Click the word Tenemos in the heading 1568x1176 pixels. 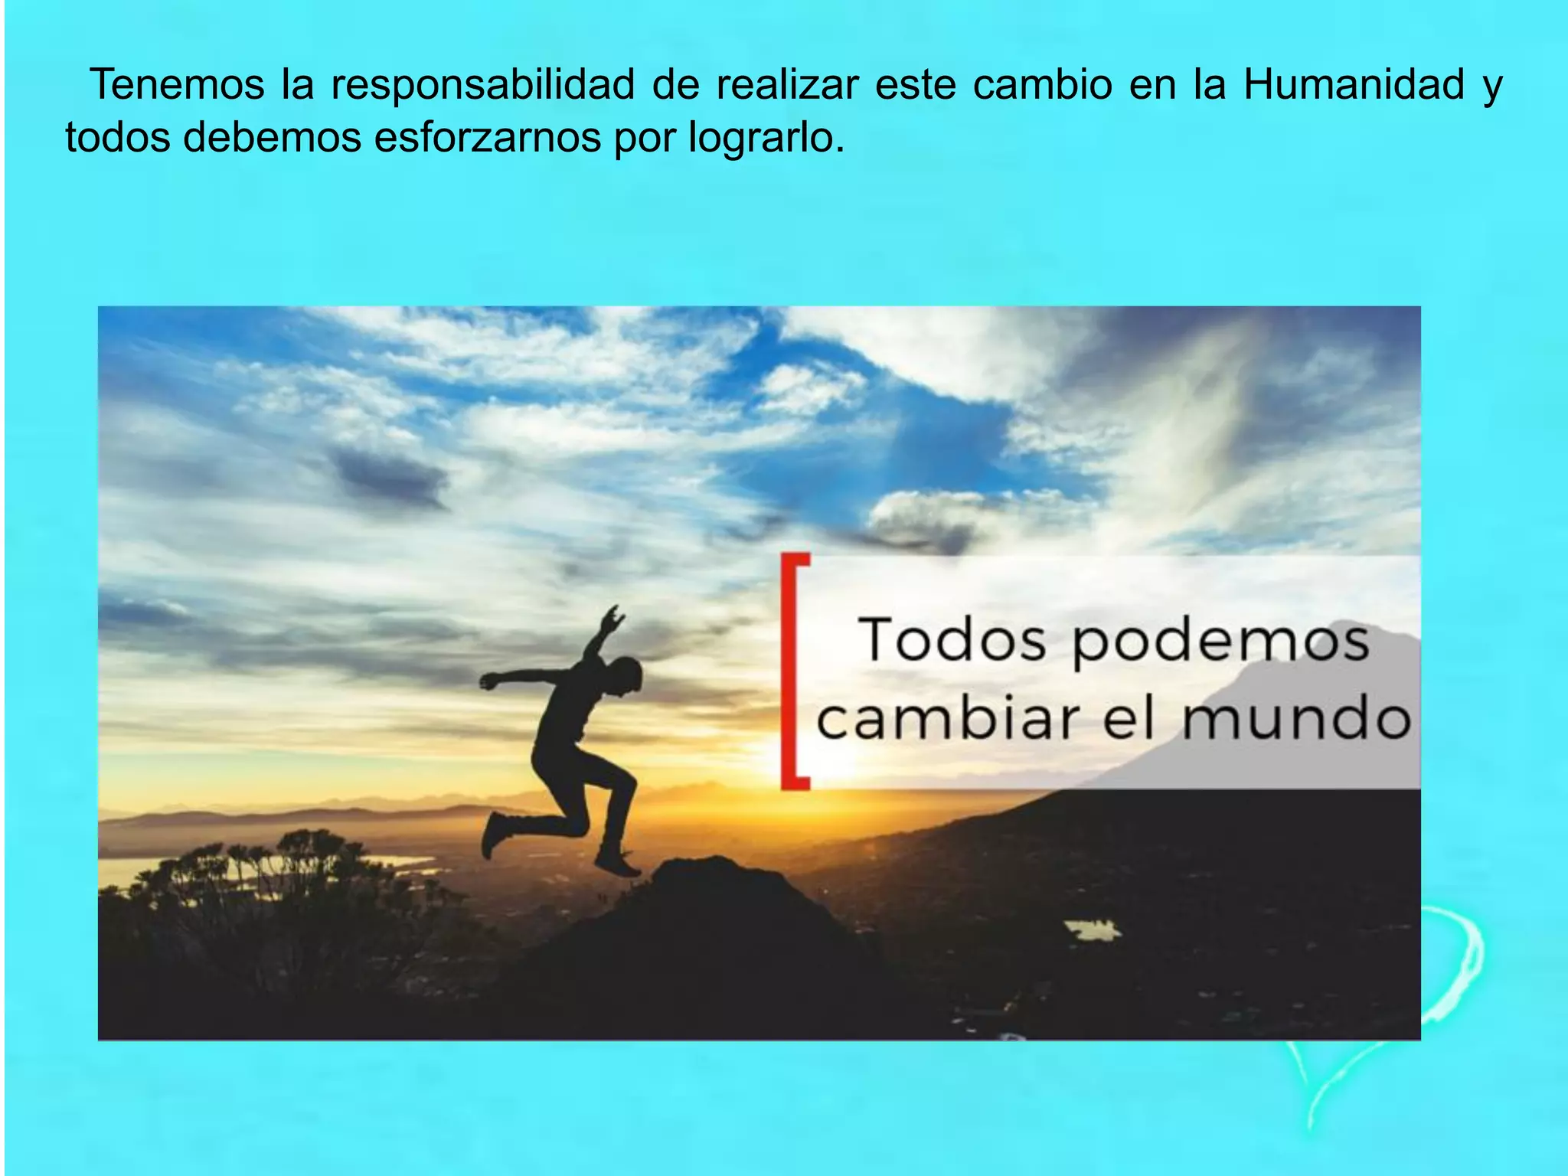(x=177, y=85)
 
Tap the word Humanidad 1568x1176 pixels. (x=1354, y=85)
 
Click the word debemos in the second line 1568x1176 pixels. (x=271, y=139)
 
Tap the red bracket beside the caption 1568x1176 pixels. (x=793, y=671)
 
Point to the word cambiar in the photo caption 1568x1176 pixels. (x=947, y=720)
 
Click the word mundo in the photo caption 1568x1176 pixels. (x=1296, y=720)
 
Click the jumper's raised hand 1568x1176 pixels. (x=612, y=616)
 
